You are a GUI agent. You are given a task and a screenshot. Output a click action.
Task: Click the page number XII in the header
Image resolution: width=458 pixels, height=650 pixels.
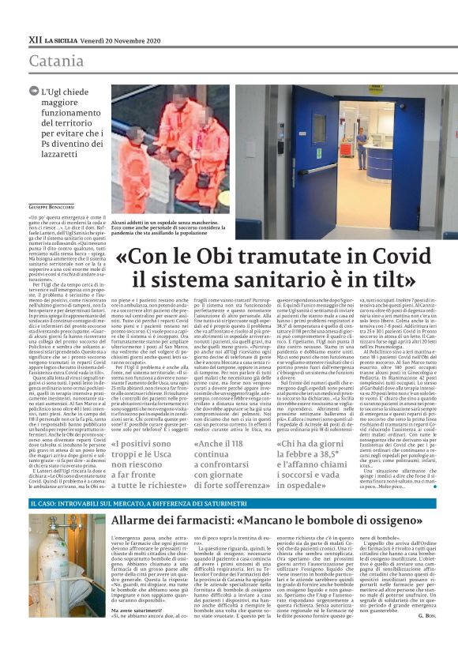[x=36, y=38]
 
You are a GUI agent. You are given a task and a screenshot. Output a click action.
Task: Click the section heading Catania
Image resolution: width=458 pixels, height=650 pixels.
[x=58, y=61]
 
